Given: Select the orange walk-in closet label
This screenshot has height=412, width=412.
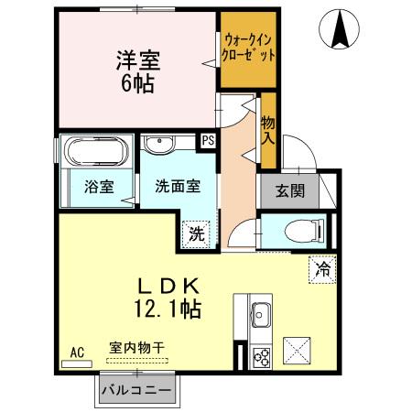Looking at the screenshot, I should point(248,48).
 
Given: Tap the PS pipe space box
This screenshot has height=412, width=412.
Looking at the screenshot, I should point(208,141).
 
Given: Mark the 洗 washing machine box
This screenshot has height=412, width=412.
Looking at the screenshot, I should point(197,232).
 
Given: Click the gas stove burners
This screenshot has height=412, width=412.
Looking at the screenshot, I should point(260,354).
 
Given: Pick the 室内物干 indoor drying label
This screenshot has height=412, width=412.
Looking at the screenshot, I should point(137,348).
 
